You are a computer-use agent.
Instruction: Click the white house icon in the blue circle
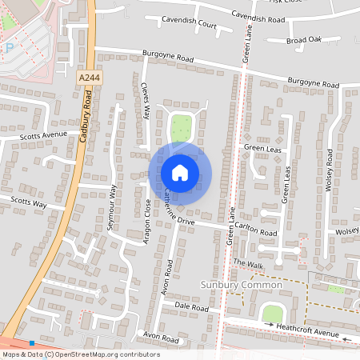pyautogui.click(x=180, y=172)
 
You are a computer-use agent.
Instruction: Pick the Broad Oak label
pyautogui.click(x=303, y=38)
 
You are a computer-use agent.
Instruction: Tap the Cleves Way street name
pyautogui.click(x=146, y=100)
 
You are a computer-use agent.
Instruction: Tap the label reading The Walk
pyautogui.click(x=248, y=263)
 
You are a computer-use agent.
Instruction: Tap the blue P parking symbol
pyautogui.click(x=10, y=48)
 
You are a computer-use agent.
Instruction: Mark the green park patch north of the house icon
pyautogui.click(x=182, y=128)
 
